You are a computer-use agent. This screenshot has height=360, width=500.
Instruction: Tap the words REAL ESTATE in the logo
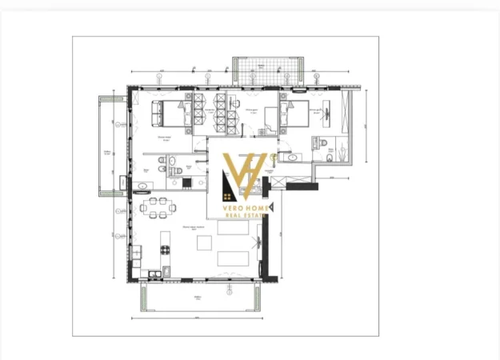coord(244,215)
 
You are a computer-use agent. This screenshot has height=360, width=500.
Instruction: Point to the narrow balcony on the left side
coord(110,146)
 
